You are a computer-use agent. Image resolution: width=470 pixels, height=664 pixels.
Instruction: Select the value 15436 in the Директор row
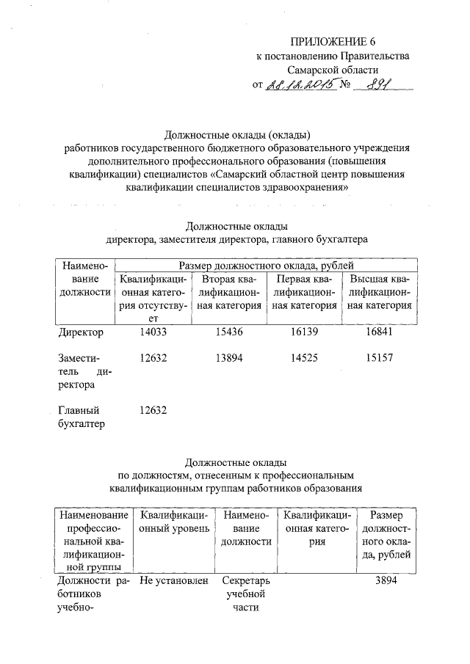(x=230, y=332)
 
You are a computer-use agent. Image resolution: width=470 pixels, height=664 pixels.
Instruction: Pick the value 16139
(x=304, y=332)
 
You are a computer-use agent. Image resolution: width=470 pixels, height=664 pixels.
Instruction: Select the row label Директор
(x=80, y=332)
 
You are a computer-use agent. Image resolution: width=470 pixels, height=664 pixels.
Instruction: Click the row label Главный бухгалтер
(x=79, y=417)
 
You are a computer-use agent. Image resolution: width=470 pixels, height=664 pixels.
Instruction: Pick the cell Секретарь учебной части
(x=246, y=594)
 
